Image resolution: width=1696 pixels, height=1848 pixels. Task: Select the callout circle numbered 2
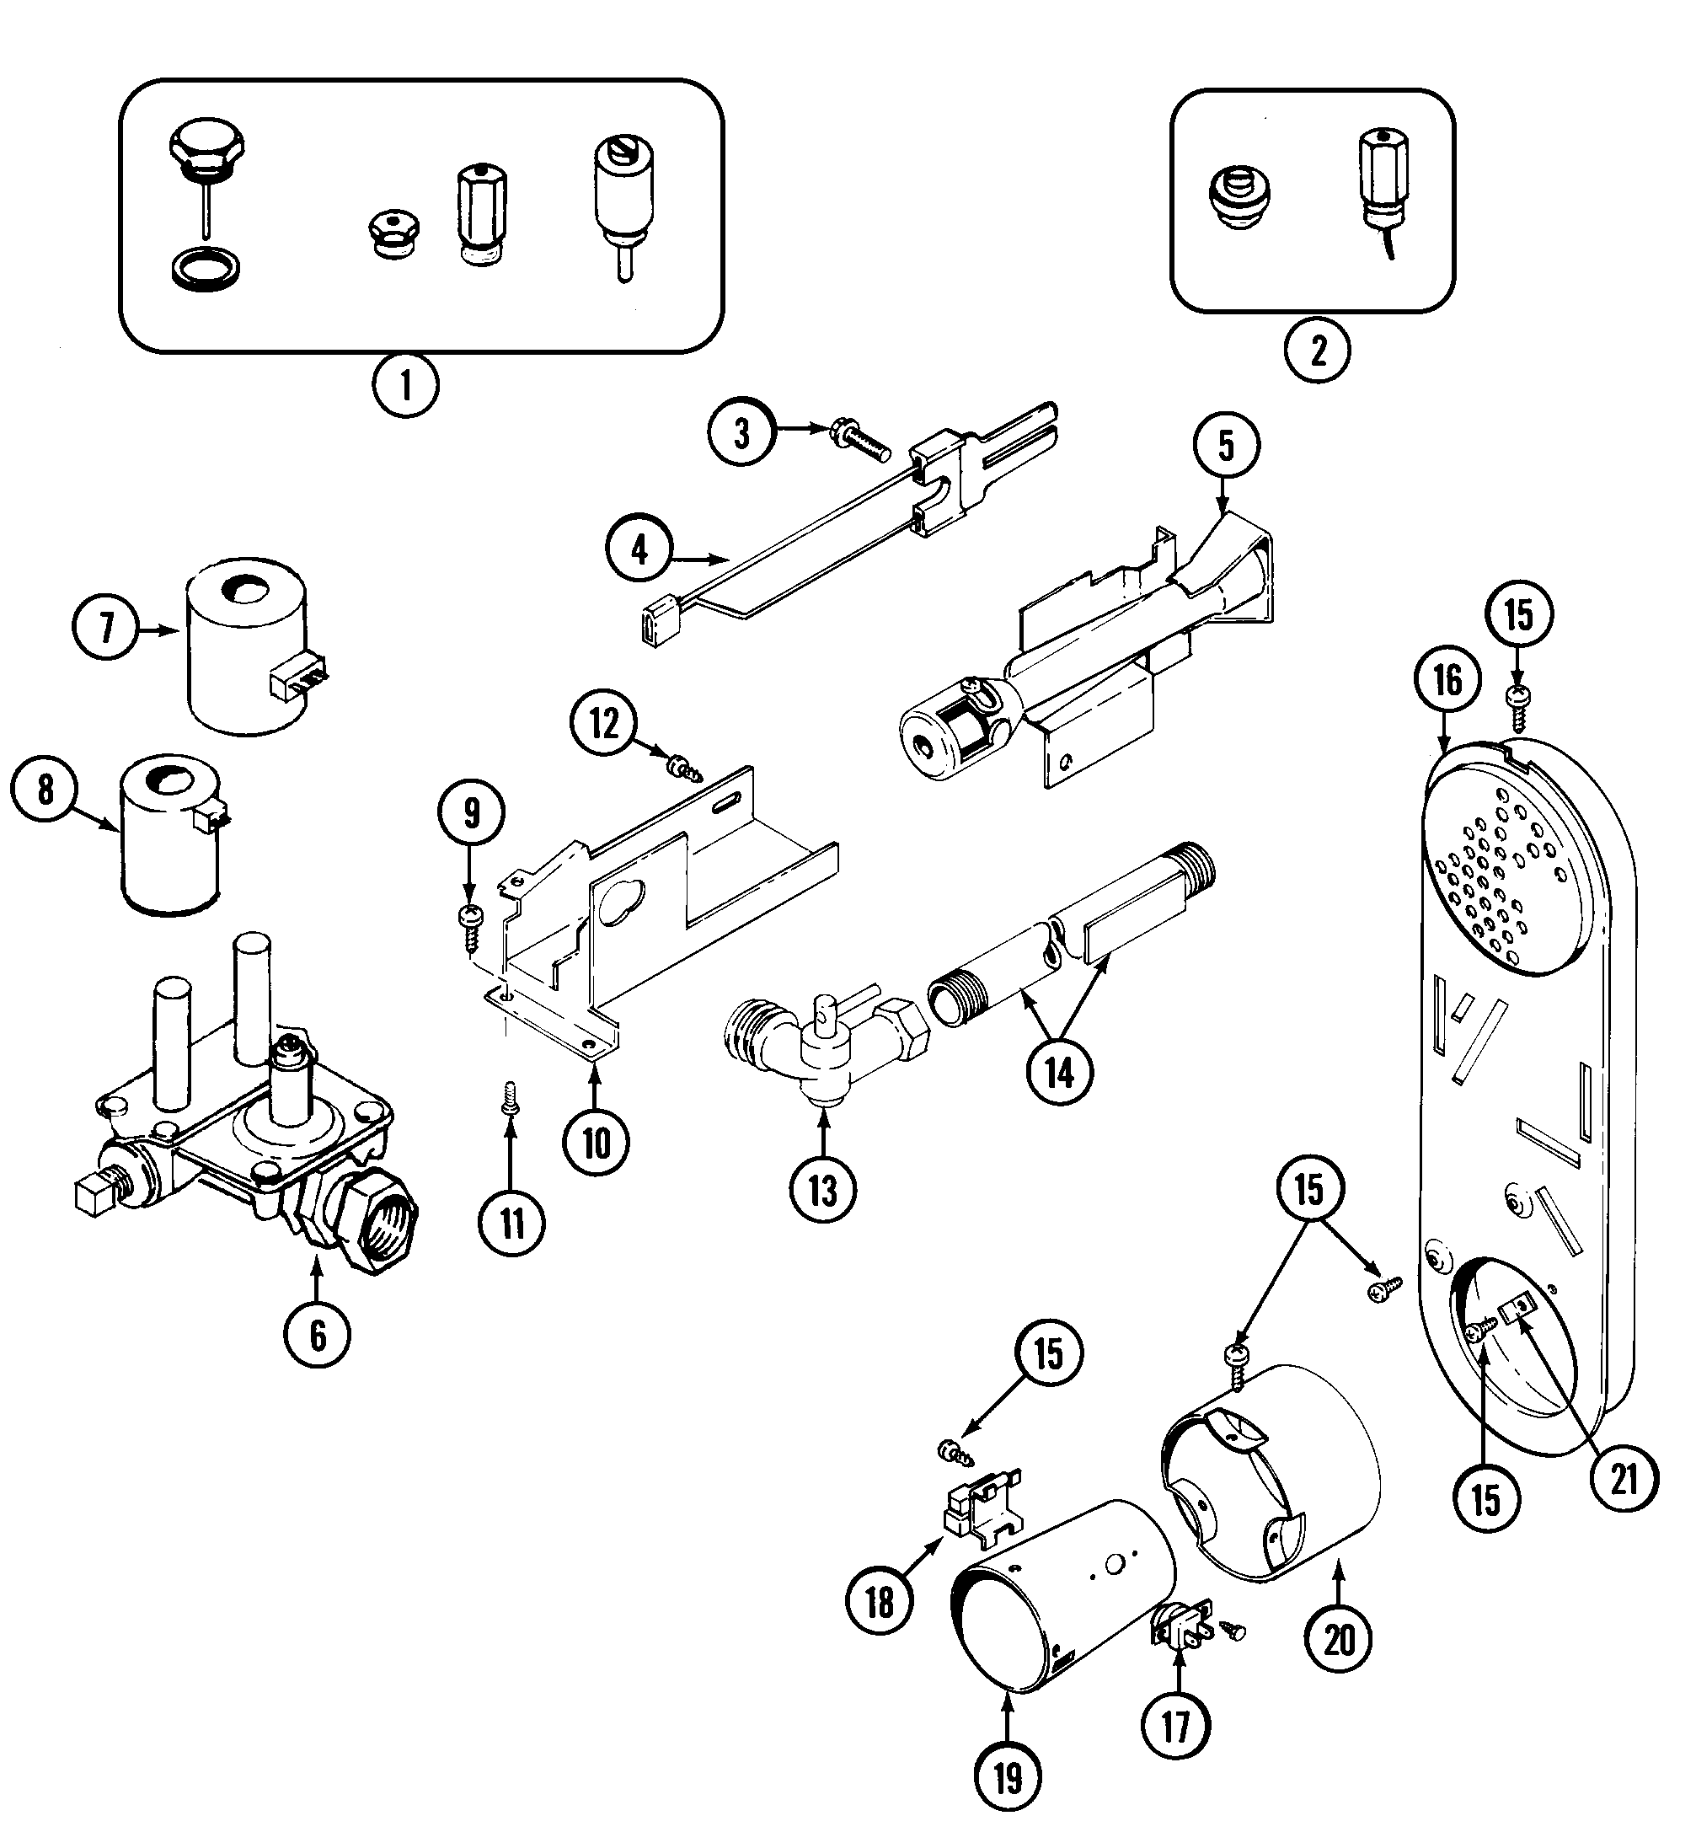(1317, 350)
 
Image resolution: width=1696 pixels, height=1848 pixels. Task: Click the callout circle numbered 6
(318, 1335)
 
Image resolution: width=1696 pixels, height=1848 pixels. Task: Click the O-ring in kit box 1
(207, 271)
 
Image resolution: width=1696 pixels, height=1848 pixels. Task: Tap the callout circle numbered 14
(1059, 1072)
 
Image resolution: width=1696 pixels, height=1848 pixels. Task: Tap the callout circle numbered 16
(1447, 681)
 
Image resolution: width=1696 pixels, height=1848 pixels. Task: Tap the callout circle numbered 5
(1226, 445)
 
